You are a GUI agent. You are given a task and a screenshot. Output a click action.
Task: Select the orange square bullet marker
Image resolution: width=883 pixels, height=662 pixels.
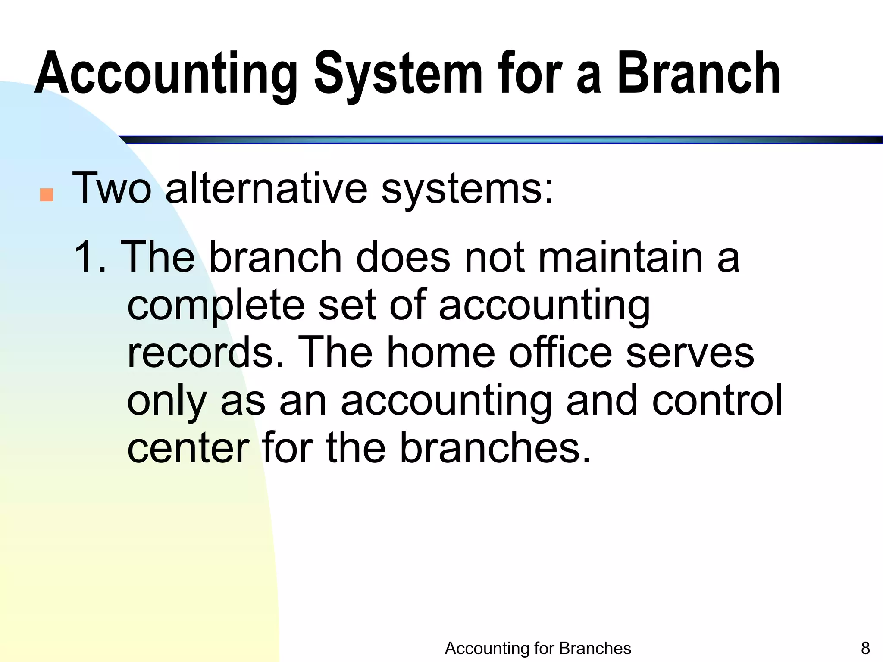(46, 195)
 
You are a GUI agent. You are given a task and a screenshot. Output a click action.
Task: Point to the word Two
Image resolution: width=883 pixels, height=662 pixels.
(112, 188)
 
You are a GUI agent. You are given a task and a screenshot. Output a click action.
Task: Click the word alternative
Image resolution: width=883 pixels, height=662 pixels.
(266, 188)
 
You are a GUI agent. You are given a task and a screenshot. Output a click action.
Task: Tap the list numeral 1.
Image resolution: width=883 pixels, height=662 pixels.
(85, 257)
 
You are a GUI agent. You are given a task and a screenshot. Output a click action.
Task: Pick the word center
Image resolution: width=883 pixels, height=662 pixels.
(188, 448)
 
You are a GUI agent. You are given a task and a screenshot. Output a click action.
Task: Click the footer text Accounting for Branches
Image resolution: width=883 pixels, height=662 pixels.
(538, 648)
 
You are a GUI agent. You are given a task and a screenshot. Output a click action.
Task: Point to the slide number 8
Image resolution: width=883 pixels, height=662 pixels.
(865, 648)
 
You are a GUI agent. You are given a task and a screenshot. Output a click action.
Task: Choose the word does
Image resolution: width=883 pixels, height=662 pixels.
(403, 257)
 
